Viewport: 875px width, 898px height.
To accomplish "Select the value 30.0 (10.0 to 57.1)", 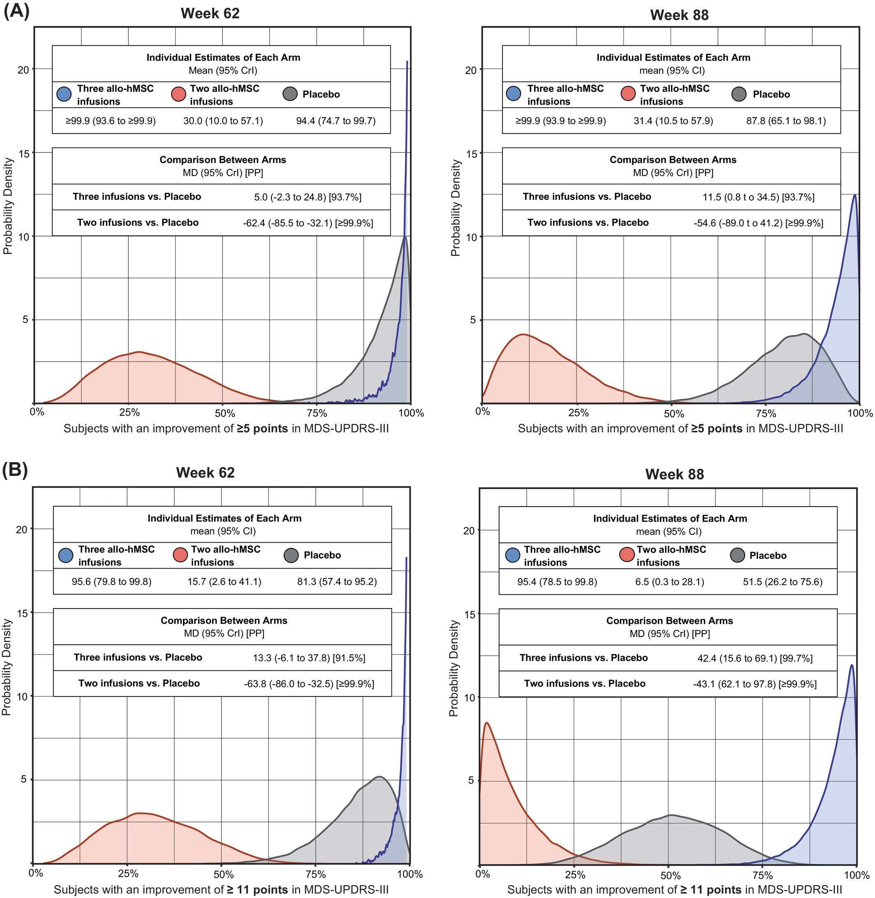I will pos(223,121).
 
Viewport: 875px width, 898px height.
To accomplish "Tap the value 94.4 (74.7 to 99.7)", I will pos(336,121).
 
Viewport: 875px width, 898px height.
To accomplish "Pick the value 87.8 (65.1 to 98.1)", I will pos(786,121).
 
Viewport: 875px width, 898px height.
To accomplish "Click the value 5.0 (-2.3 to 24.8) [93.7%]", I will pos(308,197).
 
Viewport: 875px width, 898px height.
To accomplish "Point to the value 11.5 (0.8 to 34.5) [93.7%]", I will pos(758,197).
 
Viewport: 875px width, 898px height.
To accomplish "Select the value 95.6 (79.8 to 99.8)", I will pos(112,582).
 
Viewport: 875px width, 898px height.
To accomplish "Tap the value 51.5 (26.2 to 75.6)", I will pos(782,582).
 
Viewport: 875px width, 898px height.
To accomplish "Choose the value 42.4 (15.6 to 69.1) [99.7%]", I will pos(755,658).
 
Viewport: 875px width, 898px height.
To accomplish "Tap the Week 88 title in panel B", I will pos(674,474).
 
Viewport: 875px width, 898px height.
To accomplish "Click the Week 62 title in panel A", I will pos(210,13).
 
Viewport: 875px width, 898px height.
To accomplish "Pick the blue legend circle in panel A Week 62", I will pos(64,95).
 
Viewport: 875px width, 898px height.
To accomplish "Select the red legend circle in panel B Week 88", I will pos(627,555).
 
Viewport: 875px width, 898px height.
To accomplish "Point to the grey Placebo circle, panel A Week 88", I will pos(738,95).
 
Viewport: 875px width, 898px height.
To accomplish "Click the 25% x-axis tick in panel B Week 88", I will pos(574,875).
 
